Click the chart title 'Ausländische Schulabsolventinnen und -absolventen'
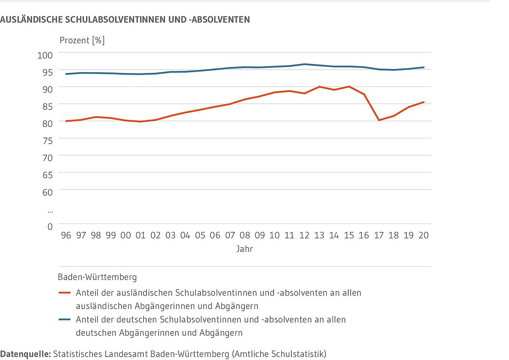tap(125, 20)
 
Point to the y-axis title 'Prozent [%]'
tap(82, 41)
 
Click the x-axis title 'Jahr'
tap(245, 249)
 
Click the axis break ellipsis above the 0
tap(50, 210)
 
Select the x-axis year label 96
tap(66, 235)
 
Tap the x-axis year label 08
tap(245, 235)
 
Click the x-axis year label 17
tap(379, 235)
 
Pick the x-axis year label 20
tap(423, 235)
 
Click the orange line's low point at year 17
tap(379, 120)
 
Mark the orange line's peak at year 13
tap(319, 87)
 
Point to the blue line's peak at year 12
tap(305, 64)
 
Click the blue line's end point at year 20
tap(424, 67)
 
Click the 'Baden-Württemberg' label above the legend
tap(97, 277)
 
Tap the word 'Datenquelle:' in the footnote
tap(25, 354)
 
